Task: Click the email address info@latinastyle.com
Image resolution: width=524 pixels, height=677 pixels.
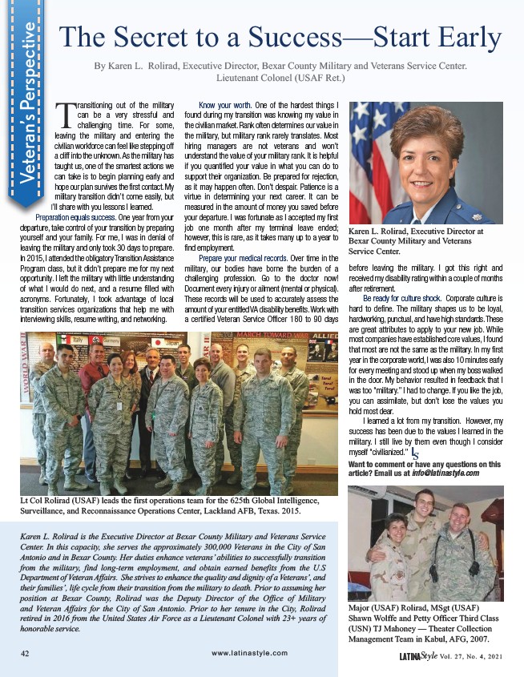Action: [447, 473]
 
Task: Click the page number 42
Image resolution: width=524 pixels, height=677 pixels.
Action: [26, 653]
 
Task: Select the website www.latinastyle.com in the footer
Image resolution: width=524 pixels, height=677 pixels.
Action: [250, 654]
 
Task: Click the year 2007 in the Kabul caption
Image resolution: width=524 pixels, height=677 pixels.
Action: [476, 638]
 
